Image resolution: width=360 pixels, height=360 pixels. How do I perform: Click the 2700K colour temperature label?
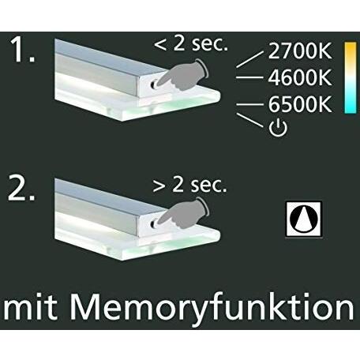(x=300, y=51)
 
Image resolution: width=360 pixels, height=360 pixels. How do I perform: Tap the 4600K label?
(x=300, y=78)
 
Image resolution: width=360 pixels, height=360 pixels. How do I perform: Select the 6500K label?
(x=300, y=104)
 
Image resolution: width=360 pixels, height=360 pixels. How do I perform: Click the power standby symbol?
(x=278, y=129)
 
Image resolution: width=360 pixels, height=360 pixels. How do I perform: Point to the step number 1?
(x=23, y=50)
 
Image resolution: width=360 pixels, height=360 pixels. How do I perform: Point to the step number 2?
(x=21, y=189)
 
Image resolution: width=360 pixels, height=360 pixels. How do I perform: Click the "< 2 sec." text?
(x=190, y=44)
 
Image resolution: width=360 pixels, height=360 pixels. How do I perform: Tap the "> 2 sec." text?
(x=189, y=185)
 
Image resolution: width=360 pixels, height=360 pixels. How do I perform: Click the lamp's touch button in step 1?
(x=153, y=84)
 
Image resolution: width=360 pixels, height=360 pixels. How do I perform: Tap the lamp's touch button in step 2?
(x=153, y=223)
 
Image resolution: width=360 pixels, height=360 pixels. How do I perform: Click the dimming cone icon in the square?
(x=304, y=219)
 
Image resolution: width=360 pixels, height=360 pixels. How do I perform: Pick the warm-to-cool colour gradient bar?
(x=351, y=77)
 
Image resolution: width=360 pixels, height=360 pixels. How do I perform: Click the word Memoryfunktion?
(x=212, y=309)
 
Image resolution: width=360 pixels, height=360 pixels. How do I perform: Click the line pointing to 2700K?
(x=249, y=59)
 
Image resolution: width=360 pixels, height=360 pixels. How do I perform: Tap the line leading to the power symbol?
(x=250, y=121)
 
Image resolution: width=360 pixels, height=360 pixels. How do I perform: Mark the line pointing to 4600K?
(x=249, y=77)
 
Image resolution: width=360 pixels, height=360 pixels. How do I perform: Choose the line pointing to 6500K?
(x=250, y=104)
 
